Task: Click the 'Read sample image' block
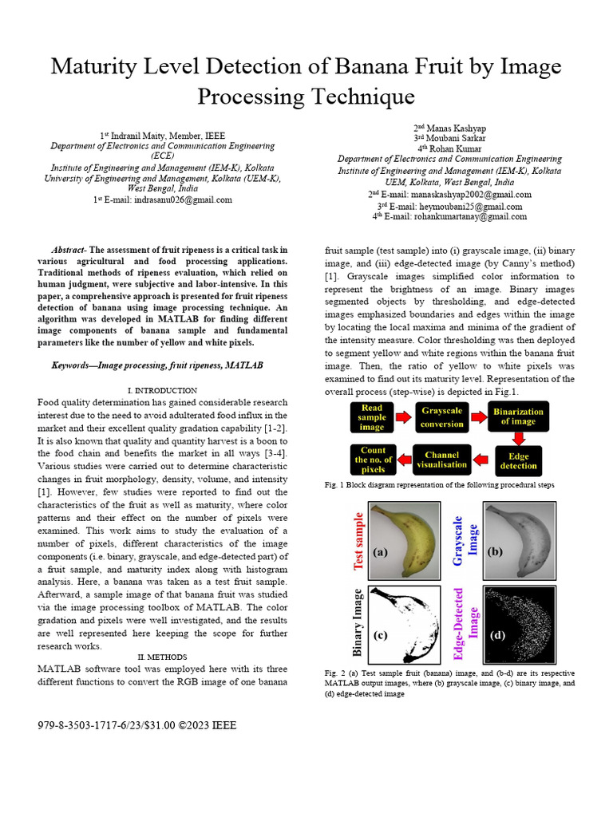pos(372,417)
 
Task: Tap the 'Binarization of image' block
pos(519,416)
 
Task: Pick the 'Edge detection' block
pos(519,460)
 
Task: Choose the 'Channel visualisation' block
pos(442,460)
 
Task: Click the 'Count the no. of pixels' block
pos(373,460)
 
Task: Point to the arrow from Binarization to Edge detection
pos(519,437)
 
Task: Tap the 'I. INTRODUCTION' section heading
pos(162,390)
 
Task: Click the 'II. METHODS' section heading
pos(162,657)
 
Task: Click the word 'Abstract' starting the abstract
pos(69,250)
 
